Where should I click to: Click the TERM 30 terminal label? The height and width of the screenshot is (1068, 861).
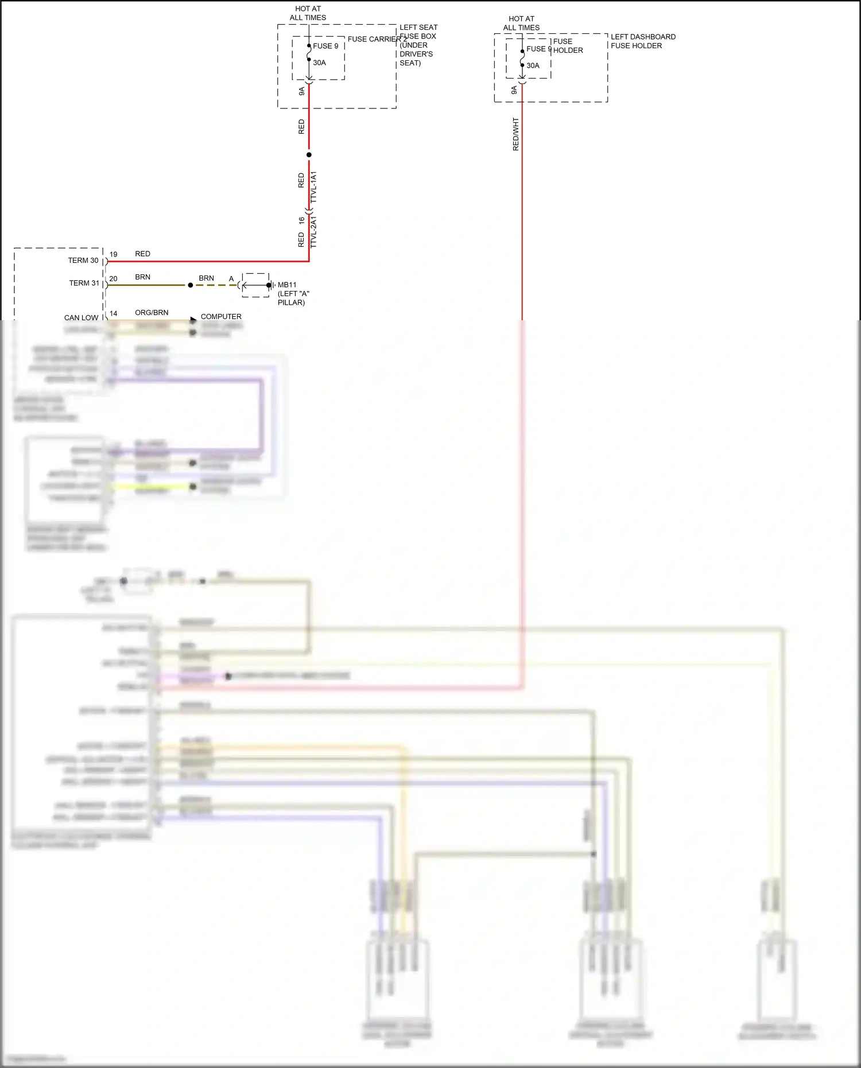tap(83, 261)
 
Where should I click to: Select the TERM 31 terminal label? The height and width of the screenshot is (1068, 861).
tap(84, 283)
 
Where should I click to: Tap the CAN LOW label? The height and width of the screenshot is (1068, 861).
tap(81, 317)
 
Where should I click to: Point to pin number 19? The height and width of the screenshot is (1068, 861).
tap(114, 254)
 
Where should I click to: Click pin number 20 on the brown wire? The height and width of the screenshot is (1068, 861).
tap(114, 279)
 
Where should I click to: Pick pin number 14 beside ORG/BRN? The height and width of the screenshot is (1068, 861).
tap(114, 313)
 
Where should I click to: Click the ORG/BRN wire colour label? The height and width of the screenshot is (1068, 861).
tap(152, 313)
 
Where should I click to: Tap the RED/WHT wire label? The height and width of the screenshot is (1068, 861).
tap(515, 135)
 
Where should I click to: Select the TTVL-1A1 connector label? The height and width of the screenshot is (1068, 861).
tap(313, 187)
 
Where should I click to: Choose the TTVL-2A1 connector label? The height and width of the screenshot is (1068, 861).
tap(313, 232)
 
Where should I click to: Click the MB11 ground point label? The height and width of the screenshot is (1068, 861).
tap(287, 285)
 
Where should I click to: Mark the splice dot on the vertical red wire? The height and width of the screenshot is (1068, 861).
tap(309, 155)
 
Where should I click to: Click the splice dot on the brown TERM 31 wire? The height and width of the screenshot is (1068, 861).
tap(191, 285)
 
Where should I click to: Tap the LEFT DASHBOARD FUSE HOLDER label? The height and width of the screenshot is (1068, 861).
tap(643, 41)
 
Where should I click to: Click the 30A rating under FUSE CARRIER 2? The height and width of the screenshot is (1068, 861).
tap(319, 63)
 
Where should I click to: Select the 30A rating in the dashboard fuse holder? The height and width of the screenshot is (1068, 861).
tap(533, 65)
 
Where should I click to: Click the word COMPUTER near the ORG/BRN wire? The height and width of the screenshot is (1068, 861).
tap(221, 317)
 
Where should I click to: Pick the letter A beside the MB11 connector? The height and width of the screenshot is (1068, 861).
tap(231, 279)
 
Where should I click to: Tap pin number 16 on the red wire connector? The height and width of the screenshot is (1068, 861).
tap(302, 220)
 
